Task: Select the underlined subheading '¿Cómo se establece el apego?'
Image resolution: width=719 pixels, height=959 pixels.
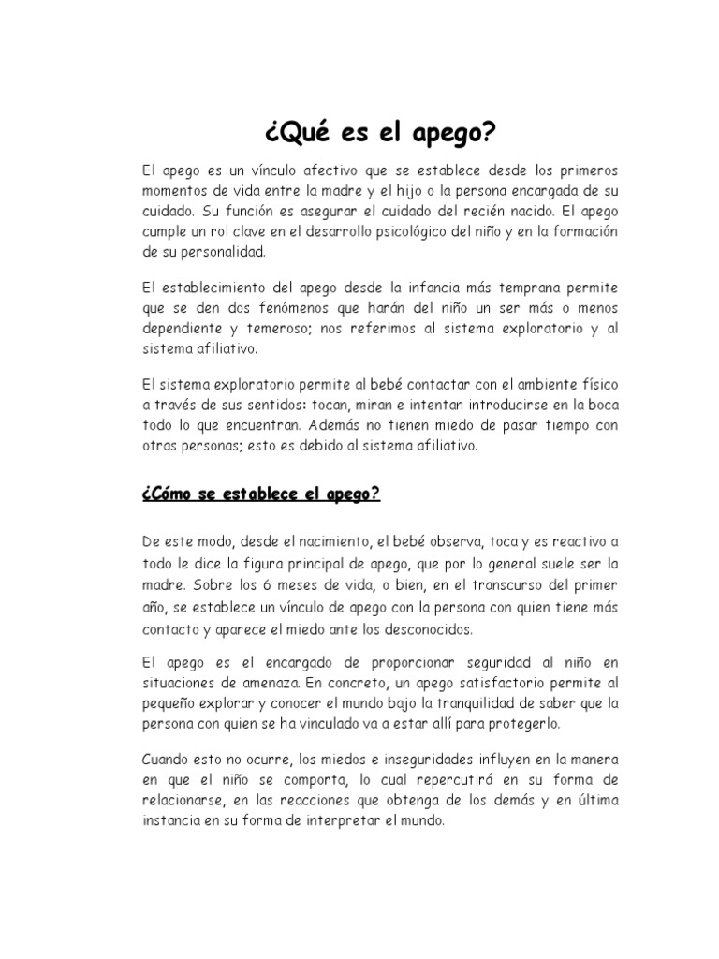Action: pyautogui.click(x=261, y=494)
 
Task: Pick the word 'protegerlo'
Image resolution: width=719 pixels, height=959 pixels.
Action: pyautogui.click(x=521, y=726)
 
